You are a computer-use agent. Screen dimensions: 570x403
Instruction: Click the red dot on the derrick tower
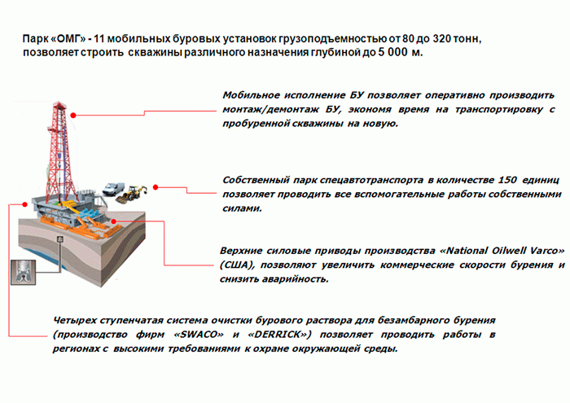pos(73,115)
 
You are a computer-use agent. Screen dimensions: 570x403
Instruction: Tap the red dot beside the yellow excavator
pos(156,187)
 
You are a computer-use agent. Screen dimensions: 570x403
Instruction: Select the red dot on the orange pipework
pos(114,221)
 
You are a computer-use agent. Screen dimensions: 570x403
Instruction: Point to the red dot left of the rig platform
pos(24,204)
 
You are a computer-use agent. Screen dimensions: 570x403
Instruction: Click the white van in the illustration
pos(113,189)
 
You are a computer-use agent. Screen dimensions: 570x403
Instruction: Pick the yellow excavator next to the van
pos(131,194)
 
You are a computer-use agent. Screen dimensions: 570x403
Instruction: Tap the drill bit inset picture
pos(24,272)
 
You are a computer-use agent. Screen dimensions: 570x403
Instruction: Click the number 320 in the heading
pos(441,38)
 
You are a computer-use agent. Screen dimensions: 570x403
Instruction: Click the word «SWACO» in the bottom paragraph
pos(199,335)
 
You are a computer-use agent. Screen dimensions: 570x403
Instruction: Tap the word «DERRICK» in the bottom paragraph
pos(279,335)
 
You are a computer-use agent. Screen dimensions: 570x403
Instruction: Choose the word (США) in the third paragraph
pos(237,265)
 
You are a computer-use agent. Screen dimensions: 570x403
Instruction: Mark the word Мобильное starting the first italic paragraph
pos(251,95)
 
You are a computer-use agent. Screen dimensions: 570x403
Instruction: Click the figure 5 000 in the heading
pos(393,52)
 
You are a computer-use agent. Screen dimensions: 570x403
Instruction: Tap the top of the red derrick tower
pos(59,103)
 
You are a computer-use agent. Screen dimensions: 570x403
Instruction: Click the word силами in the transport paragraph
pos(242,208)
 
